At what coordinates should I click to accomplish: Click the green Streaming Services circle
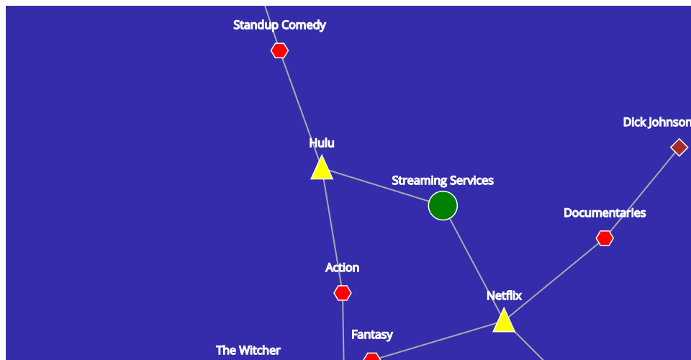(443, 206)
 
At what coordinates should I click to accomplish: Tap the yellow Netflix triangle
(504, 322)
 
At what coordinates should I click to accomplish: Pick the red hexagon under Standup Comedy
(279, 50)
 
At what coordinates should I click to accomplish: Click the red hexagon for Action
(343, 293)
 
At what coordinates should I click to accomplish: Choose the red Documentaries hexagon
(605, 238)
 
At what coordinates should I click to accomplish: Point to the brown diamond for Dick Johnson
(679, 148)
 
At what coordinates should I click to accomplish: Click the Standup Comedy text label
(279, 25)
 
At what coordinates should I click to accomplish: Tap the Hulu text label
(322, 143)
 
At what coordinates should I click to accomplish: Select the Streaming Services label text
(443, 181)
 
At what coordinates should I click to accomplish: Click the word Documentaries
(605, 213)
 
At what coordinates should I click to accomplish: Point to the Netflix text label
(504, 296)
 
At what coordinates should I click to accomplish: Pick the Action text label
(342, 268)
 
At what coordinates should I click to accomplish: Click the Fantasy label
(372, 335)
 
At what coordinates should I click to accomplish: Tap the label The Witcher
(248, 351)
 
